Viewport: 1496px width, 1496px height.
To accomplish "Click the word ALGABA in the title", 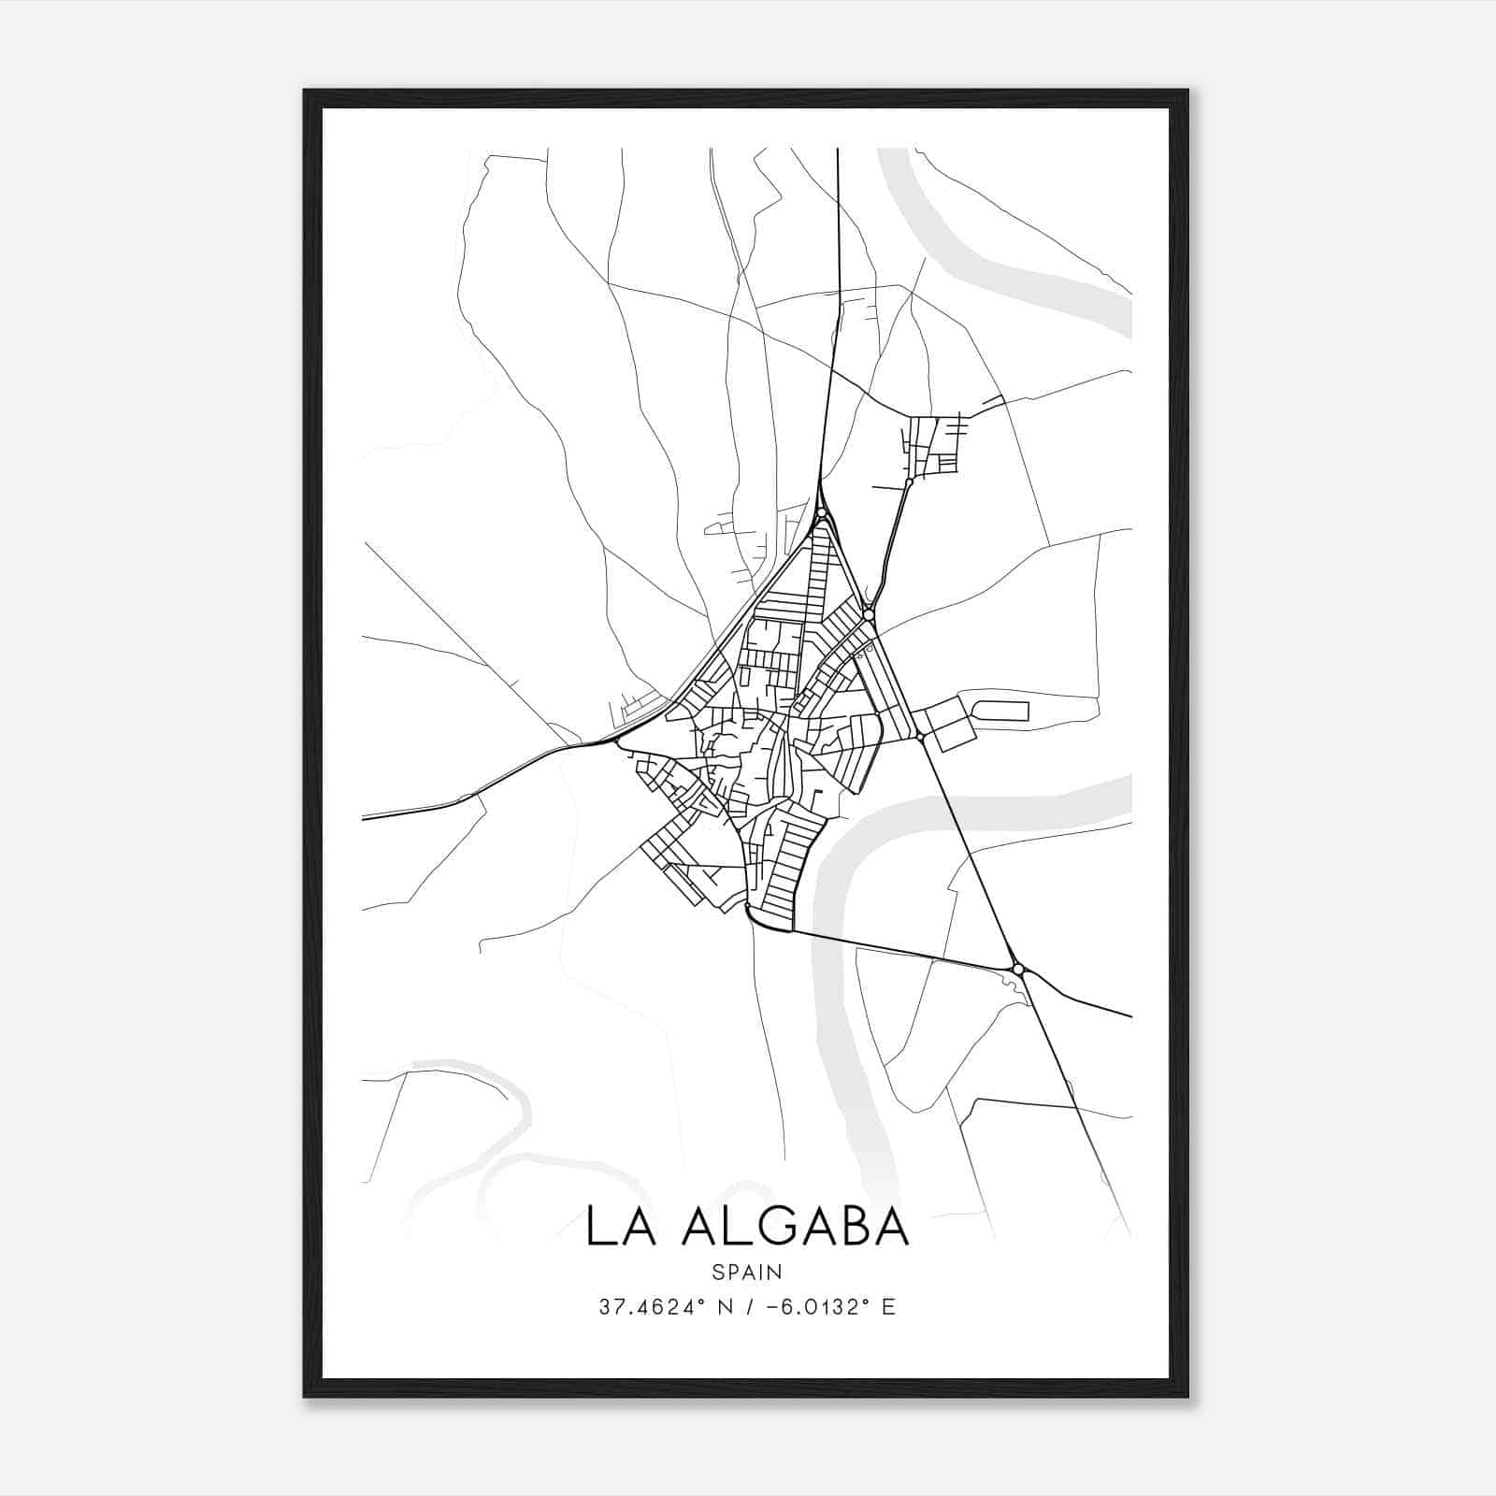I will pyautogui.click(x=796, y=1227).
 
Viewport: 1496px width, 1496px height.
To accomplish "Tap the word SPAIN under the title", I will pyautogui.click(x=746, y=1272).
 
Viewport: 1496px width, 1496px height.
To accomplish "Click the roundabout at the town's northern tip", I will pyautogui.click(x=821, y=512).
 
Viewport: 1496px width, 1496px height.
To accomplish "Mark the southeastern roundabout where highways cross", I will pyautogui.click(x=1018, y=969).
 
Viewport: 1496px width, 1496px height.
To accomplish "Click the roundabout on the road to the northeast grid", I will pyautogui.click(x=909, y=482).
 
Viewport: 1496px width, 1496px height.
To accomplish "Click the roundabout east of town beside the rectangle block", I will pyautogui.click(x=921, y=738).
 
